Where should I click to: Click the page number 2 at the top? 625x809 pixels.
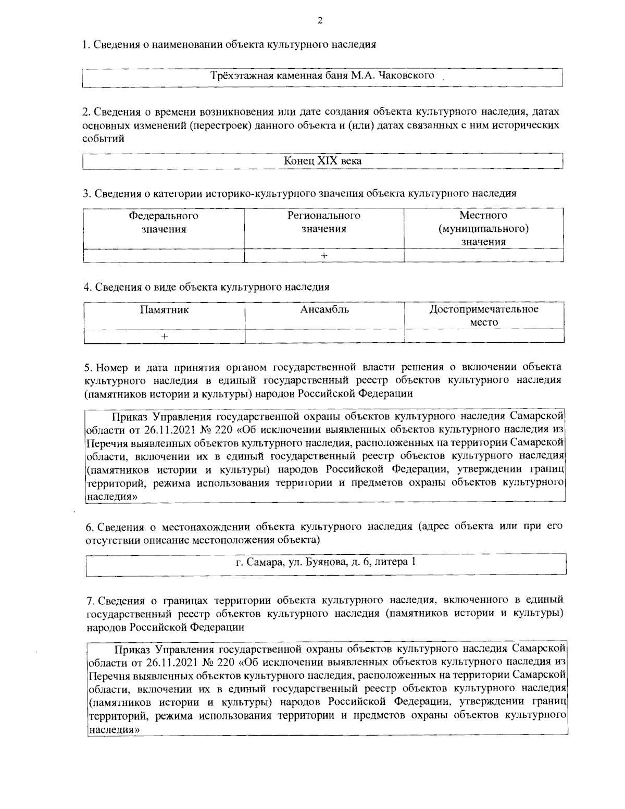coord(320,21)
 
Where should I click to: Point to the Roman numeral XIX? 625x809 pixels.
coord(324,161)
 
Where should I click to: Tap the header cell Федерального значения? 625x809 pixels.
coord(164,222)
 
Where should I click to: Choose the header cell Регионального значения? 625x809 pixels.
coord(324,222)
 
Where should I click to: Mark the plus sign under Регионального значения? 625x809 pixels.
coord(324,255)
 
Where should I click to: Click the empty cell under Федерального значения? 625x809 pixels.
coord(164,255)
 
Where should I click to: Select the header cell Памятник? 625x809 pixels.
coord(164,310)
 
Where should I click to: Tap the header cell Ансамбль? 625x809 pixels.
coord(324,310)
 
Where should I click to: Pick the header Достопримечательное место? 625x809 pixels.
coord(484,316)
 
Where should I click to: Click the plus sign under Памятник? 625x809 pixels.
coord(164,337)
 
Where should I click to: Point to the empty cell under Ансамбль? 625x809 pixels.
coord(324,337)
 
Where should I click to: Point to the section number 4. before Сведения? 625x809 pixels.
coord(87,287)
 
